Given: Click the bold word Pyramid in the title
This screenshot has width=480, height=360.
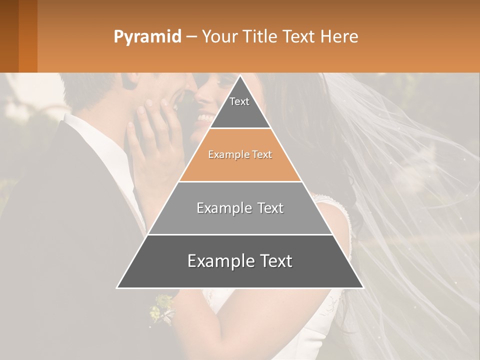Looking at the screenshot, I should pyautogui.click(x=147, y=36).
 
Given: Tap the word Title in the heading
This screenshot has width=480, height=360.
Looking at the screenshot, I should pyautogui.click(x=262, y=36).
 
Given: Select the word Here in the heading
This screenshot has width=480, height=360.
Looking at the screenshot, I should pyautogui.click(x=339, y=36).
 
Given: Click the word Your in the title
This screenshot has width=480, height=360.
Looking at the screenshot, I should pyautogui.click(x=220, y=36).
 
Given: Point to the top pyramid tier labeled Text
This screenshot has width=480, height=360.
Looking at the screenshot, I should pyautogui.click(x=240, y=107).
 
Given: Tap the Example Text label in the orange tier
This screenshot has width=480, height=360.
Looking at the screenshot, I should pyautogui.click(x=240, y=154).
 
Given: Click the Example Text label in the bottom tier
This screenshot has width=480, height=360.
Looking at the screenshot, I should pyautogui.click(x=240, y=261).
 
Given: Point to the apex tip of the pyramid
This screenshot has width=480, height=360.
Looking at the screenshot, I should pyautogui.click(x=240, y=76).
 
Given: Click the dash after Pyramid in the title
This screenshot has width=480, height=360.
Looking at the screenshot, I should pyautogui.click(x=191, y=37).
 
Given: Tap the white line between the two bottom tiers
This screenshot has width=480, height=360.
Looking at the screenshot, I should pyautogui.click(x=240, y=234).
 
